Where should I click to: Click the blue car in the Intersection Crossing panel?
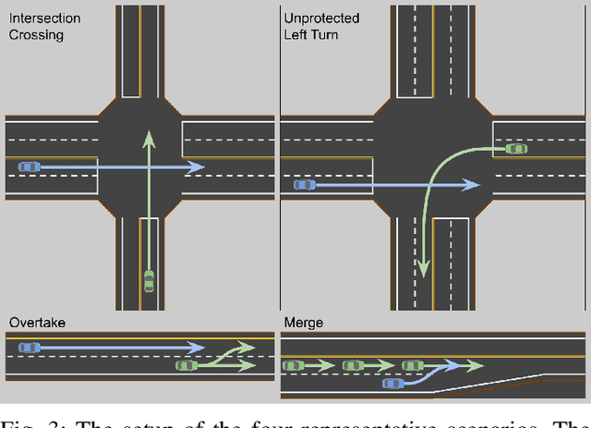pos(30,166)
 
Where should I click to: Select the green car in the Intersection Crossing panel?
pos(149,280)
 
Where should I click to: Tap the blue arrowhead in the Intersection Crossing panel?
pos(197,167)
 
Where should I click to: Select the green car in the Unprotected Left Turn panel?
pos(516,148)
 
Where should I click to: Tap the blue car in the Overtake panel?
pos(30,347)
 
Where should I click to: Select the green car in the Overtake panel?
pos(187,366)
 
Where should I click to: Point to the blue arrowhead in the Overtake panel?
pos(197,348)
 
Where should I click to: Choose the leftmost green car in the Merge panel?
pos(293,366)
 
